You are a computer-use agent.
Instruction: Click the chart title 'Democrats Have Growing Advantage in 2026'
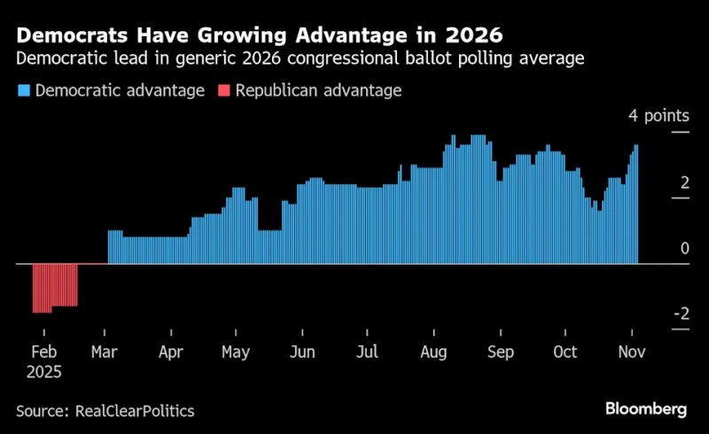(256, 36)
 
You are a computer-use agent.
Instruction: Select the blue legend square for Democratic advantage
(23, 91)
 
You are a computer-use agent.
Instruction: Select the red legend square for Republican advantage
(222, 91)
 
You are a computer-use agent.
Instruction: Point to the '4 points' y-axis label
(658, 116)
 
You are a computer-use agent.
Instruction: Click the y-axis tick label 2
(684, 182)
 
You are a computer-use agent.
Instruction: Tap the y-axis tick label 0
(684, 249)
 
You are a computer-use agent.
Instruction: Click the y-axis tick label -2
(681, 314)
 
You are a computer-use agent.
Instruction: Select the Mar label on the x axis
(105, 353)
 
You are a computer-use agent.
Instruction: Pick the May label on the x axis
(236, 353)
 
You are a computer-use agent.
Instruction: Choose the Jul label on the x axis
(367, 353)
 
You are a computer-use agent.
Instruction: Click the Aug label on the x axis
(434, 353)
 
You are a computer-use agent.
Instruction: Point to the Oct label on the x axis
(565, 353)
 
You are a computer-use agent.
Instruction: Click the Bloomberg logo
(646, 409)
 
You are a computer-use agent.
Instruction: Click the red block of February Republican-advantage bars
(55, 287)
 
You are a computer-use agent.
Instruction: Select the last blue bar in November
(635, 205)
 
